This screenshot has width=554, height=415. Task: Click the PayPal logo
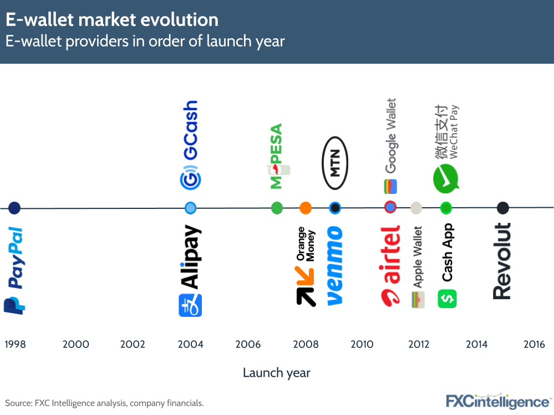14,270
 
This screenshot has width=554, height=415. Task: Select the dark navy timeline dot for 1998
14,208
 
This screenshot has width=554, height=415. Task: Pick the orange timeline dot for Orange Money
306,208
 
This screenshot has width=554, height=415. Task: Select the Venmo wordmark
334,265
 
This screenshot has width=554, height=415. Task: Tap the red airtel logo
390,265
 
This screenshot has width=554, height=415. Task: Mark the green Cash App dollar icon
447,299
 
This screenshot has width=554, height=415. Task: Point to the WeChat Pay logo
446,147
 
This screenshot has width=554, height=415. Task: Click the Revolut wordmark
502,261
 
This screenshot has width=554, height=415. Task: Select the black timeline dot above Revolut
502,208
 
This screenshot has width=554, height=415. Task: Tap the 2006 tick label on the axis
248,345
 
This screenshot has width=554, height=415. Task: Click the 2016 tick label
534,345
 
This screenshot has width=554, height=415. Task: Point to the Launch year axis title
276,373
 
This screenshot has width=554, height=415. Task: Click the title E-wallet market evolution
112,21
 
